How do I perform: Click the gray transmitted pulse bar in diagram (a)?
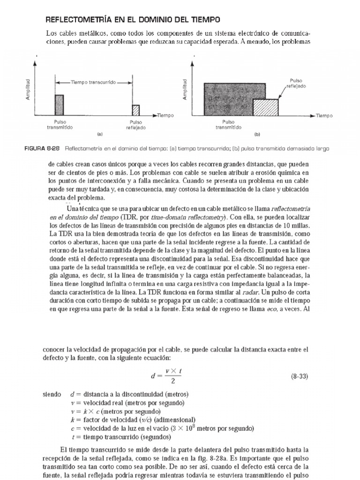point(59,105)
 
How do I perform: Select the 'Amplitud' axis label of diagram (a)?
point(29,88)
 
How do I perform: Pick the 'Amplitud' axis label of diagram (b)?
point(185,88)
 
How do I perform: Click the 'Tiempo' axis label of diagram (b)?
point(323,115)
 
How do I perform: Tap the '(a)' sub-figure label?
point(99,134)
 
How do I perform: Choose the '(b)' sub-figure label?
point(257,134)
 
